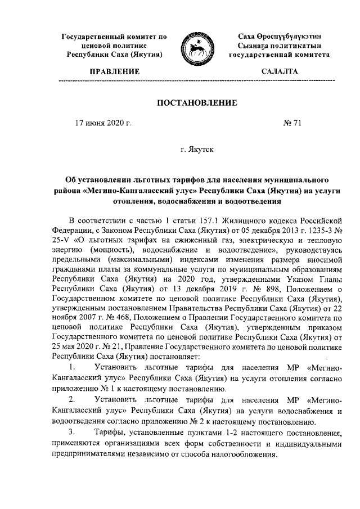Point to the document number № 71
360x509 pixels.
291,123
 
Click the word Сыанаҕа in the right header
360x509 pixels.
257,46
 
